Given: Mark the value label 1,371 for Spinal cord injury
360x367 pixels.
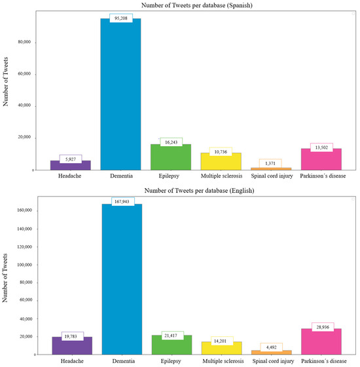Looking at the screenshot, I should click(x=270, y=163).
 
